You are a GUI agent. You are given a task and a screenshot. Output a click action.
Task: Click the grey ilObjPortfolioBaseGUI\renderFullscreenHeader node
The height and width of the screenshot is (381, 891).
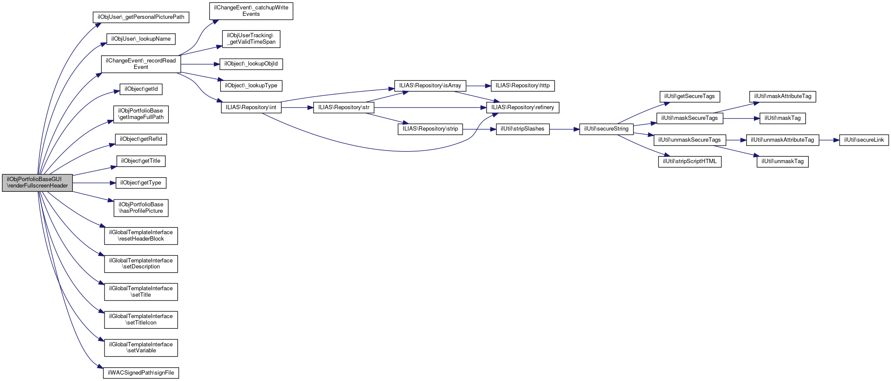(37, 183)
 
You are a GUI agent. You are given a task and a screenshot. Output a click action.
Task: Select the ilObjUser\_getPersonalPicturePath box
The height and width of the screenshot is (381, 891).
(141, 17)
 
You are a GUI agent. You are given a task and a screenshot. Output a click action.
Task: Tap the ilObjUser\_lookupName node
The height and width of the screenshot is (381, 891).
(141, 39)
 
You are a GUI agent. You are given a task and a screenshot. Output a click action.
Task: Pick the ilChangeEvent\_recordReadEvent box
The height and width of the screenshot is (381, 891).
(141, 64)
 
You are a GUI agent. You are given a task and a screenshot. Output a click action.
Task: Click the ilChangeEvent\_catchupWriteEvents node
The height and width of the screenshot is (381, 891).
(251, 11)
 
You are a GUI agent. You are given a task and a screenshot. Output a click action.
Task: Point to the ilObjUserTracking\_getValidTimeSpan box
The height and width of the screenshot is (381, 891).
(251, 39)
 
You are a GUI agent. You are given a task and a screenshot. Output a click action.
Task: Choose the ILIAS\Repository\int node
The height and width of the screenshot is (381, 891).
(251, 107)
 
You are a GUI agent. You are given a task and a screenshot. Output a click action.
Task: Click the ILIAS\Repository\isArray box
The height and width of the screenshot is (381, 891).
(430, 86)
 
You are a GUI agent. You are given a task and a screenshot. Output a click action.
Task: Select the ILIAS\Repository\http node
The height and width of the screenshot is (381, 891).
(523, 86)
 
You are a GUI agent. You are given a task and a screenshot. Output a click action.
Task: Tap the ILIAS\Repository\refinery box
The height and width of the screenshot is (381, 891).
(523, 107)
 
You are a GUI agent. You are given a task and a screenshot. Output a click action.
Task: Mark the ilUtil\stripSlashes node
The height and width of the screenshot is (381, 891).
(523, 129)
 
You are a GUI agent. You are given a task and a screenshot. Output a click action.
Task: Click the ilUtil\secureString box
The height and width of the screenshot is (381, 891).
(606, 129)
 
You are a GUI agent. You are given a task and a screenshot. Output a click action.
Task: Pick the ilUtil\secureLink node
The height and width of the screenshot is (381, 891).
(864, 140)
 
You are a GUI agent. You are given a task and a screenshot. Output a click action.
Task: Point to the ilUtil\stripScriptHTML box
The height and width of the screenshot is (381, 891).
(690, 161)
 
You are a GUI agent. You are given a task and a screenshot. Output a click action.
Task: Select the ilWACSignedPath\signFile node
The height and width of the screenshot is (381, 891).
(141, 373)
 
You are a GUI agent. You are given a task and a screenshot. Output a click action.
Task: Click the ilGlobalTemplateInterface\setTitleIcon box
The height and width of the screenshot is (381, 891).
(141, 320)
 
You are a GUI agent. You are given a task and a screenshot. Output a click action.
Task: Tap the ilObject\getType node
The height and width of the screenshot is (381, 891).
(141, 183)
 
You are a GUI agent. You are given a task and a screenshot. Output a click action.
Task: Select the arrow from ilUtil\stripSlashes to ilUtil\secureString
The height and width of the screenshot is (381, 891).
(564, 129)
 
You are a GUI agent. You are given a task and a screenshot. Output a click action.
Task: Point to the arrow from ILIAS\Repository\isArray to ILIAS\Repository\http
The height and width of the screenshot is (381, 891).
(478, 86)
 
